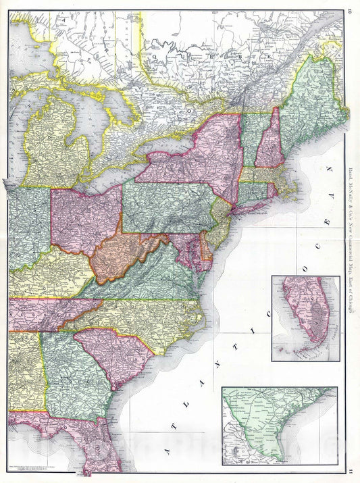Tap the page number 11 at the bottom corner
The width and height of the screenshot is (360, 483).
point(351,474)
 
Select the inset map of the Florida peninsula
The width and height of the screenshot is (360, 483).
point(305,317)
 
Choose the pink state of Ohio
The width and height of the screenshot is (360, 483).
point(84,220)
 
